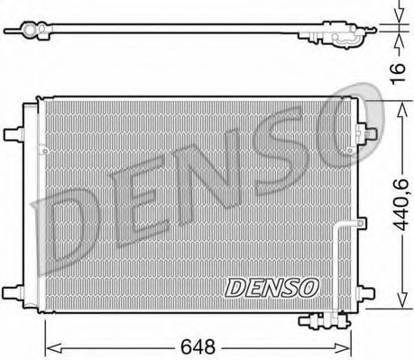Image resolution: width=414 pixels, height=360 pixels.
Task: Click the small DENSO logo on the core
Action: pyautogui.click(x=271, y=288)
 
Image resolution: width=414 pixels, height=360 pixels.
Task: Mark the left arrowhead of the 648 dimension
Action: pyautogui.click(x=51, y=344)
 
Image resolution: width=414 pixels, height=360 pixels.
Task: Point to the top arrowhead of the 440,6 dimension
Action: pyautogui.click(x=400, y=104)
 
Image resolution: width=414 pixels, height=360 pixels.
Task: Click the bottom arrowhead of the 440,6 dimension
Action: pyautogui.click(x=400, y=307)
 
